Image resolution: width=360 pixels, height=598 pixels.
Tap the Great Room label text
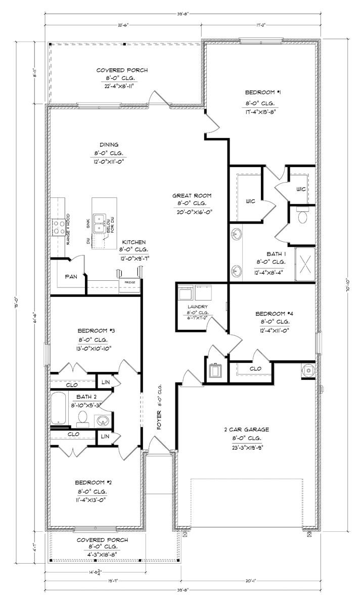point(192,195)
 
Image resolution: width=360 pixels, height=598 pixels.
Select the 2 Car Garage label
point(247,430)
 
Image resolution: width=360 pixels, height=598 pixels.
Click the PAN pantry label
point(71,277)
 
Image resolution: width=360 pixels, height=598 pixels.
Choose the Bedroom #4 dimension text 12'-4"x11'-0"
point(275,330)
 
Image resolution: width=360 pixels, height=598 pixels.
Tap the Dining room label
point(109,144)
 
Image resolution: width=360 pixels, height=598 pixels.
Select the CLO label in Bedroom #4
point(256,368)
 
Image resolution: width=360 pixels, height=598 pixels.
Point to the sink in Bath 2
point(103,419)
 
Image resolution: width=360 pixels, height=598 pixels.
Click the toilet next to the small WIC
point(302,217)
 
